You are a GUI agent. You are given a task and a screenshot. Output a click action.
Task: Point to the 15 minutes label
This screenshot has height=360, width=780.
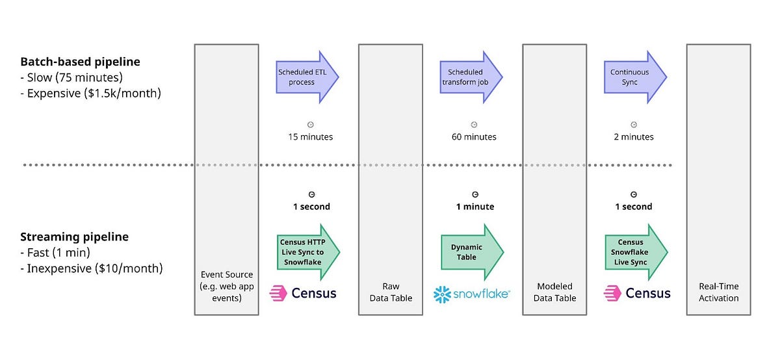point(311,137)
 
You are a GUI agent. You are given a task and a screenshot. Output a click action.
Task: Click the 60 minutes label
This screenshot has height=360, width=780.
point(474,137)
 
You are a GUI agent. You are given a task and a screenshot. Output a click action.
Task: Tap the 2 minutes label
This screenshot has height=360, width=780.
point(634,137)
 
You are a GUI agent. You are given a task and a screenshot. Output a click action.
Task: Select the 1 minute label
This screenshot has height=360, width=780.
point(474,207)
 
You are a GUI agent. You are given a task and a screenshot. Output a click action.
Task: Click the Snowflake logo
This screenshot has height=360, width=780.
point(471,294)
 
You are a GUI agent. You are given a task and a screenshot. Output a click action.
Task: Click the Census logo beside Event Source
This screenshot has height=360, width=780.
point(304,293)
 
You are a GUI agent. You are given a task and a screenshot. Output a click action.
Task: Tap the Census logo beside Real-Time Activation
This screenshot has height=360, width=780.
point(638,293)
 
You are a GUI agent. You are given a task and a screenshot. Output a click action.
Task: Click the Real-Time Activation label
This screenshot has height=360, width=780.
point(718,292)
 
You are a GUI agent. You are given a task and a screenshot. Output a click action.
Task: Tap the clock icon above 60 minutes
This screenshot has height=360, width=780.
point(474,124)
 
